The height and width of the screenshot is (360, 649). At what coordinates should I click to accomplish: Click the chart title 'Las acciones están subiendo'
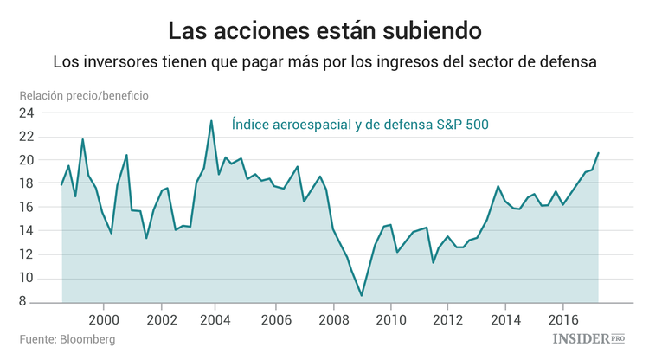click(324, 30)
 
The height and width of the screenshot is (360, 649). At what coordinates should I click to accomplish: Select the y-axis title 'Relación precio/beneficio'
click(85, 95)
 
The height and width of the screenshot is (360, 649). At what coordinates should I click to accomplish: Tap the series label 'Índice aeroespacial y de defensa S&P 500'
click(360, 125)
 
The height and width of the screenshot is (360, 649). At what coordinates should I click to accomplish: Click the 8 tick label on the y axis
click(29, 302)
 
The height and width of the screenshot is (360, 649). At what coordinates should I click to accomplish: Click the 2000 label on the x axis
click(104, 318)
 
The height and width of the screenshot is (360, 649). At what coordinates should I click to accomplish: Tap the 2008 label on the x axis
click(333, 318)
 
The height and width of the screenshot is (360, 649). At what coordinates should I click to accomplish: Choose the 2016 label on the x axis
click(563, 318)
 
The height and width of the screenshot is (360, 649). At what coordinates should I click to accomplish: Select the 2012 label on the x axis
click(448, 318)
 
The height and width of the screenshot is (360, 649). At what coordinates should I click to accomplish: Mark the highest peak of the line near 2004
click(211, 120)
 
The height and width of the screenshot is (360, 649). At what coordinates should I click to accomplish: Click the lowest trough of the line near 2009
click(362, 296)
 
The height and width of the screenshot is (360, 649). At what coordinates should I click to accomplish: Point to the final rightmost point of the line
click(598, 153)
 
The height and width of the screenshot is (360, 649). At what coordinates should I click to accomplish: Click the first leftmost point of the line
click(61, 184)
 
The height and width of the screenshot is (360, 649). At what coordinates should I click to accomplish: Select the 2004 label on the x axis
click(218, 318)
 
